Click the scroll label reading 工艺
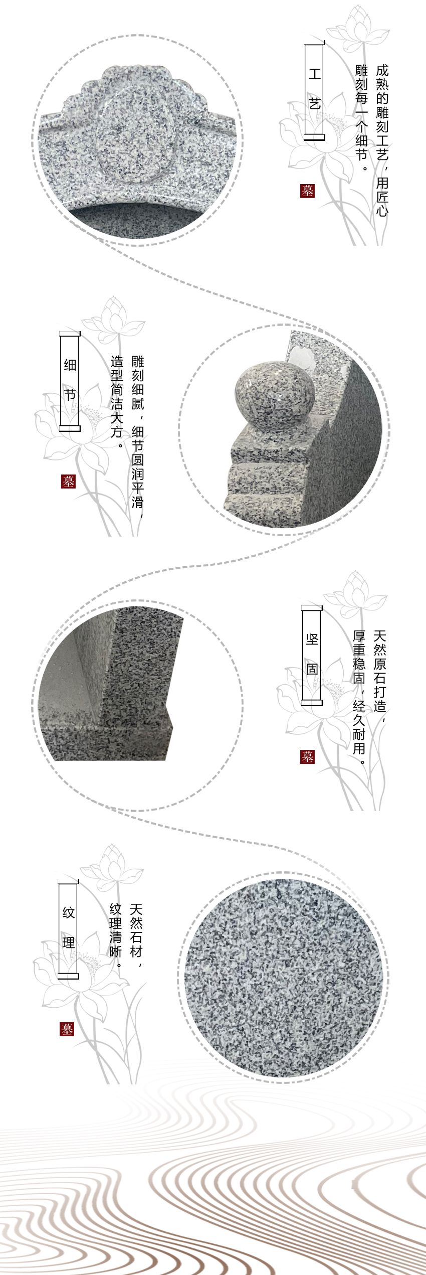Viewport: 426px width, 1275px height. click(x=314, y=90)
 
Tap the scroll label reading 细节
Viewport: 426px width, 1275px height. click(x=70, y=380)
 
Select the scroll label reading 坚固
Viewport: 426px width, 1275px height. click(x=312, y=654)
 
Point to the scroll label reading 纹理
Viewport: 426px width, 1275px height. click(x=69, y=928)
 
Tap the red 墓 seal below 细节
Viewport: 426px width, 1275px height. click(x=68, y=482)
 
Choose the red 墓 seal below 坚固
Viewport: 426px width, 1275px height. click(x=307, y=757)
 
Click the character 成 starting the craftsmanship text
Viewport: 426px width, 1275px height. click(x=382, y=71)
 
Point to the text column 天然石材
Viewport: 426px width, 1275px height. click(x=136, y=931)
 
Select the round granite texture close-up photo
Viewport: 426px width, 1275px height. click(x=283, y=979)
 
